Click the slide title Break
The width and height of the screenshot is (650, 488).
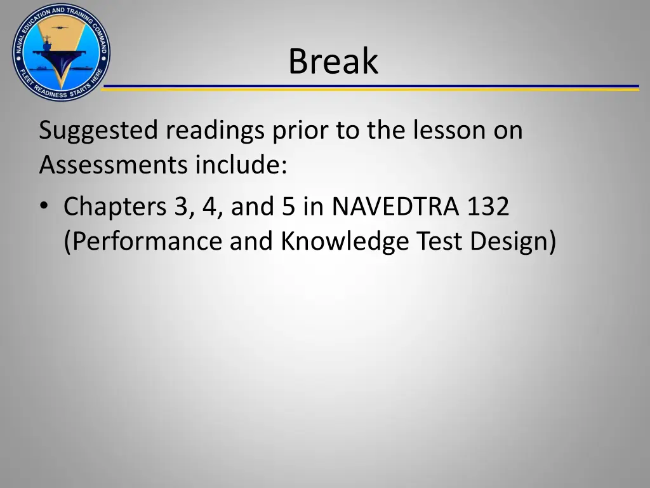333,62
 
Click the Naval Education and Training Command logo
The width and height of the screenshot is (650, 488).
61,51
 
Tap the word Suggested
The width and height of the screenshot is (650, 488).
98,132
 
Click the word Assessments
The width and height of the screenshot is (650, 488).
114,165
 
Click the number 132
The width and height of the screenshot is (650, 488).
489,207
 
